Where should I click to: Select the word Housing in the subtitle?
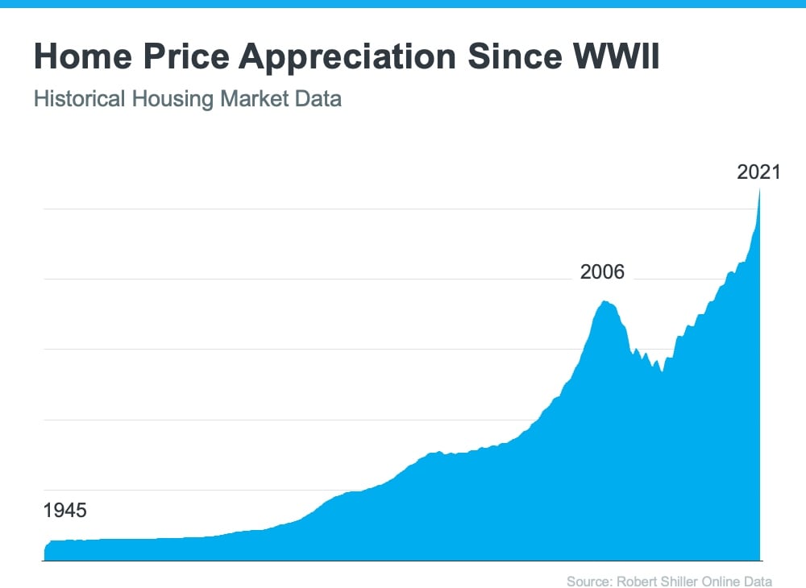point(156,99)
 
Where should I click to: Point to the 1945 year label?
point(64,511)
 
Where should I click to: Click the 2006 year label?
point(602,272)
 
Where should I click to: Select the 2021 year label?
point(759,172)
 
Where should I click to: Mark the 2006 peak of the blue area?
point(604,301)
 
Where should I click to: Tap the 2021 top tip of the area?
point(760,189)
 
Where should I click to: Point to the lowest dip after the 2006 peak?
point(662,371)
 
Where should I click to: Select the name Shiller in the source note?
point(672,582)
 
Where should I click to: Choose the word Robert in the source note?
point(632,582)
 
